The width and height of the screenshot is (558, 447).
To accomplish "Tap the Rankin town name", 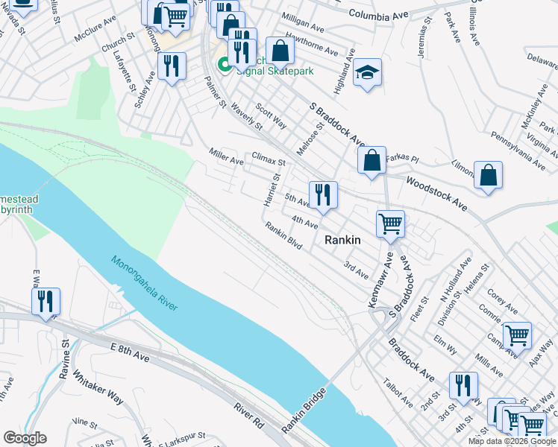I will tap(343, 240).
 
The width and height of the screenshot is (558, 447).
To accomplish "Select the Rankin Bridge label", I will tap(304, 411).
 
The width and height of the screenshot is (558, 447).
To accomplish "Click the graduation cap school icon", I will tap(367, 72).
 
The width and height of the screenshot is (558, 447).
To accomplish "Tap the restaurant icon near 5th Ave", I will tap(323, 195).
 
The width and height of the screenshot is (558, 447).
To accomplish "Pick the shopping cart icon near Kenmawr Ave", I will tap(390, 223).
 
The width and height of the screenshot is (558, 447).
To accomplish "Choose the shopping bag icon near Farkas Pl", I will tap(372, 160).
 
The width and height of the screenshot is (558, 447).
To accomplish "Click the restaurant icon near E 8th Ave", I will tap(46, 302).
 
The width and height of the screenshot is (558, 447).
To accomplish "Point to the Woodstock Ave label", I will tap(436, 193).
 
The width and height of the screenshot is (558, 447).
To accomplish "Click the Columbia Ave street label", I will tap(379, 14).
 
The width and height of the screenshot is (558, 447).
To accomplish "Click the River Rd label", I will tap(249, 418).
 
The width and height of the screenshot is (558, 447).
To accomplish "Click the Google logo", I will tap(25, 438).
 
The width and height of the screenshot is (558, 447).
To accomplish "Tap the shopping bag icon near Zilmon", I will tap(487, 176).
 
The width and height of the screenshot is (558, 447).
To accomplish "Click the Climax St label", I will tap(269, 160).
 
